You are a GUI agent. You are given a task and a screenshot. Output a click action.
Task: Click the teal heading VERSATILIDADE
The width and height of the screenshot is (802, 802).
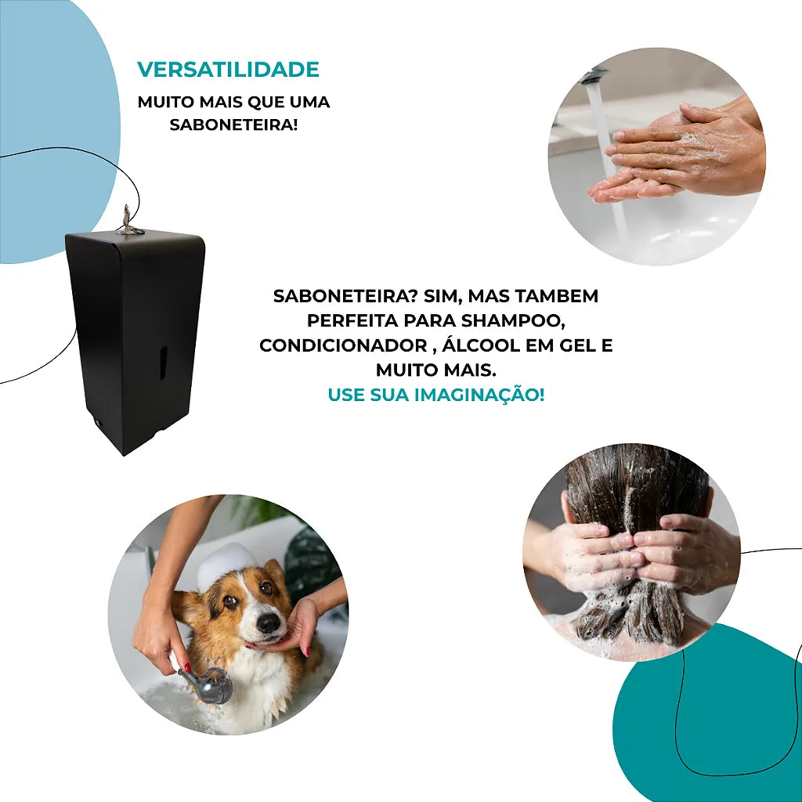(x=228, y=70)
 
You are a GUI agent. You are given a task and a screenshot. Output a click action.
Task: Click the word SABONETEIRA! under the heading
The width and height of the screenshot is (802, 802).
(x=233, y=125)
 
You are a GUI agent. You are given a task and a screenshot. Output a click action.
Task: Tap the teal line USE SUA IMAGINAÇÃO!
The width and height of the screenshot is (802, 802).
(x=436, y=395)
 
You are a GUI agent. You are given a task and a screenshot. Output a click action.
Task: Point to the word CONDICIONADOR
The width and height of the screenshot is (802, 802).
(x=343, y=345)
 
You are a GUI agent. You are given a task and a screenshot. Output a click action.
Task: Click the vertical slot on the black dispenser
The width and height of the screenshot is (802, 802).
(x=163, y=363)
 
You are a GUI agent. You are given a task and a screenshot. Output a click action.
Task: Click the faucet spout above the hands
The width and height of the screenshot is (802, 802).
(x=592, y=75)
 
